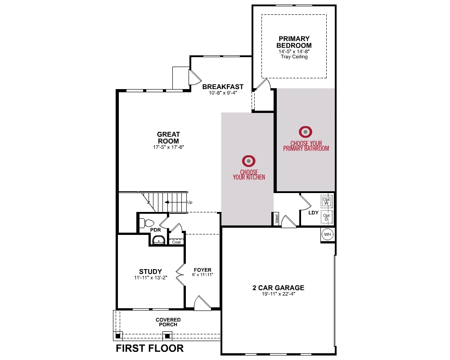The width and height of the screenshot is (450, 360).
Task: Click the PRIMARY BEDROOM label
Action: pyautogui.click(x=294, y=42)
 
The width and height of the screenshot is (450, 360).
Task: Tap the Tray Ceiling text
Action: pyautogui.click(x=294, y=57)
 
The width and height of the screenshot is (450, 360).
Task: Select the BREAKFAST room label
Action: pyautogui.click(x=223, y=86)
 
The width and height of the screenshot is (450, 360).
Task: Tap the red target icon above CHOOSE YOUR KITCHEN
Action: pyautogui.click(x=248, y=161)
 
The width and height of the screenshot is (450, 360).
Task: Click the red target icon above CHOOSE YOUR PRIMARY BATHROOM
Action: pyautogui.click(x=306, y=132)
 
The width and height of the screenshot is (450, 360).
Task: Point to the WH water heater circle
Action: pyautogui.click(x=328, y=234)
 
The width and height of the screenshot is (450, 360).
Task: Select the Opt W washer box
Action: pyautogui.click(x=327, y=201)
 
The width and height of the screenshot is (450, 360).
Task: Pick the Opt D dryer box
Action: pyautogui.click(x=327, y=217)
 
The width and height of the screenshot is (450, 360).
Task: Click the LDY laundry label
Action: pyautogui.click(x=313, y=213)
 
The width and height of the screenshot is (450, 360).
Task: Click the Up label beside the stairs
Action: pyautogui.click(x=189, y=202)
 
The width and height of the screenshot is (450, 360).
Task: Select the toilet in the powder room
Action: pyautogui.click(x=147, y=222)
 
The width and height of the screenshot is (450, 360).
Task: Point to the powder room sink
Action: pyautogui.click(x=158, y=240)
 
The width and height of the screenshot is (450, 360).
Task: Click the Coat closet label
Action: pyautogui.click(x=176, y=242)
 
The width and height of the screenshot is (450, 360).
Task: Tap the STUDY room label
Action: pyautogui.click(x=150, y=271)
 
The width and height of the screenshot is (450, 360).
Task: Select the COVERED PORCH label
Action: pyautogui.click(x=168, y=322)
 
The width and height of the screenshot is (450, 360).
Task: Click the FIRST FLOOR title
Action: pyautogui.click(x=150, y=348)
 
